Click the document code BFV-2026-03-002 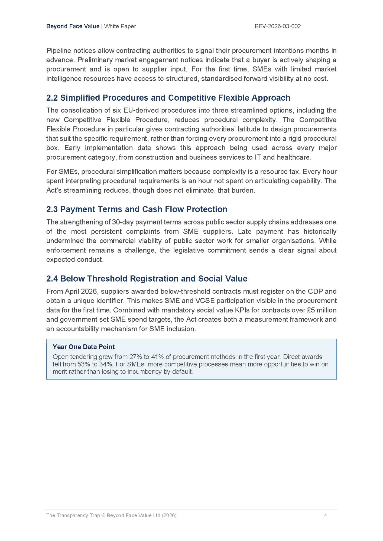pyautogui.click(x=278, y=26)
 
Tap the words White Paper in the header pyautogui.click(x=120, y=26)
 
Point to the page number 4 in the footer pyautogui.click(x=325, y=515)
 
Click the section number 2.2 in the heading pyautogui.click(x=52, y=98)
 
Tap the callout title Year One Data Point pyautogui.click(x=84, y=347)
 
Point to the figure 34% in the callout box pyautogui.click(x=106, y=364)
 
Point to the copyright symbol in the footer pyautogui.click(x=103, y=515)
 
